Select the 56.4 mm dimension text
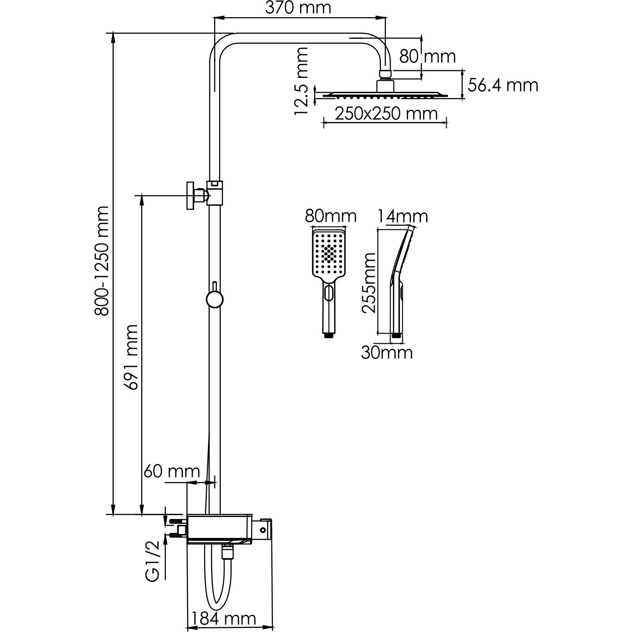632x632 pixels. pos(503,85)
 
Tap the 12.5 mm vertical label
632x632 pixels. pos(302,81)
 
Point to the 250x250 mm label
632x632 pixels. pos(386,114)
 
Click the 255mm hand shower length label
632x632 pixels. pos(369,284)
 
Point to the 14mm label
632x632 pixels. pos(402,216)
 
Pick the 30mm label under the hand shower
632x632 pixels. pos(387,353)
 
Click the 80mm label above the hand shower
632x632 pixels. pos(331,216)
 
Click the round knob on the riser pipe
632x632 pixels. pos(214,299)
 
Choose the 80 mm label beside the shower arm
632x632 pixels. pos(427,57)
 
